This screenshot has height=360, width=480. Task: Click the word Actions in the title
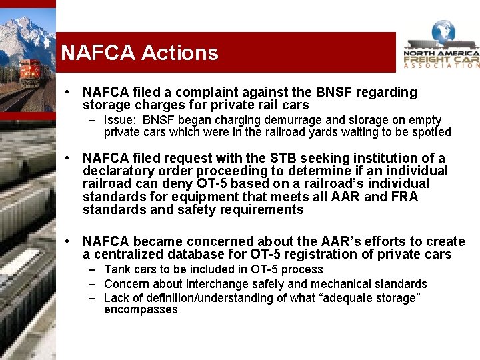tap(179, 53)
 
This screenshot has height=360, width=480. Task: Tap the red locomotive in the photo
tap(29, 72)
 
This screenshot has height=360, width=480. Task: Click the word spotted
tap(431, 132)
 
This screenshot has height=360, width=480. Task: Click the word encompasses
tap(141, 310)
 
